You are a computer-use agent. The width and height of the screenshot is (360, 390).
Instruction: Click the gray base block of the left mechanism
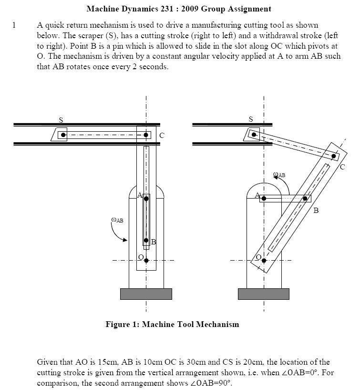point(146,294)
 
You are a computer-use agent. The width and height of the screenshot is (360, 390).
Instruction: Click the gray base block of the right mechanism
point(264,294)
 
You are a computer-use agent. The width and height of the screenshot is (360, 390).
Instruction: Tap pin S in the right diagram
point(254,135)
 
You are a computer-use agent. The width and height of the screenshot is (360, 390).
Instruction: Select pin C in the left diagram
point(146,135)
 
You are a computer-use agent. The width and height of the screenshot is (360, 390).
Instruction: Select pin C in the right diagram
point(334,156)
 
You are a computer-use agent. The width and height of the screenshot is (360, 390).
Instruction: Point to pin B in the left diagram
point(146,241)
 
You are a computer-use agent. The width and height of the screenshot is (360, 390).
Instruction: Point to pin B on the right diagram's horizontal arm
point(305,198)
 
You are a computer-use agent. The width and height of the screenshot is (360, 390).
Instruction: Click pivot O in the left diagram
point(146,260)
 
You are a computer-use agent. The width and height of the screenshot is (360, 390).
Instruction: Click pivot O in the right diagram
point(264,260)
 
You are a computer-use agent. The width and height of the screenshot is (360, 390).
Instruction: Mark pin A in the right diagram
point(264,198)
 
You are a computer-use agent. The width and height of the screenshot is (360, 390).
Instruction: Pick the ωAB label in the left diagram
point(117,220)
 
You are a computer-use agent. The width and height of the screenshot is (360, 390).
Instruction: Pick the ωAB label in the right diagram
point(279,175)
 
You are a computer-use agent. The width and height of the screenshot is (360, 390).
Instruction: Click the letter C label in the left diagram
point(162,136)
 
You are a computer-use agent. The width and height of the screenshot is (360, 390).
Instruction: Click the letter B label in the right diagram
point(316,210)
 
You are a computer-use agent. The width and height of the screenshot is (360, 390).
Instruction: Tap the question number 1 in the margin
point(14,25)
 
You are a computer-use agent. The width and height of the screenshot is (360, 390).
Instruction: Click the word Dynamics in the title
point(135,9)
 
